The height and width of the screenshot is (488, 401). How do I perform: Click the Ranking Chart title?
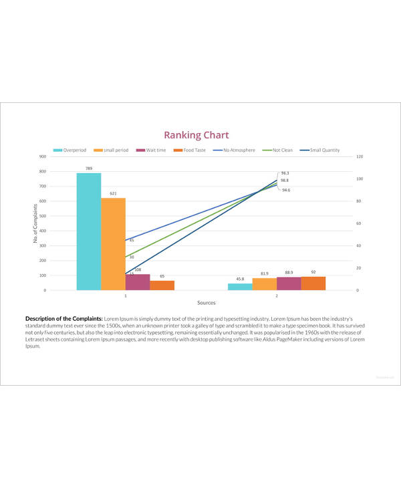196,135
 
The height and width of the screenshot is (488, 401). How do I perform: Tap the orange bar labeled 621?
113,244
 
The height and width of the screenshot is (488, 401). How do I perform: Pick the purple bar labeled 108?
137,282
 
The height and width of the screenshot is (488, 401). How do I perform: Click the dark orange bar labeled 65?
162,285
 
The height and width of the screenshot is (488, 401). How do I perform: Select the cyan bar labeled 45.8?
240,287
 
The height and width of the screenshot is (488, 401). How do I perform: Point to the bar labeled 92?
313,283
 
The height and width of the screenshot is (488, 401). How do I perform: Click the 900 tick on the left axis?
43,156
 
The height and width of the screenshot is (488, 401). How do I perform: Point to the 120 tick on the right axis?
360,156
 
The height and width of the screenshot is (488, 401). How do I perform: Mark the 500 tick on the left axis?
43,216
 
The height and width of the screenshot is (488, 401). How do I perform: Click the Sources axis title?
196,303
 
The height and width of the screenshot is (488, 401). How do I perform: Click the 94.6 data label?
286,190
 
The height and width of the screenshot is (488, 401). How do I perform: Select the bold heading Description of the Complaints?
63,319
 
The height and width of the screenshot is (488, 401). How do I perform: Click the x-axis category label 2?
277,295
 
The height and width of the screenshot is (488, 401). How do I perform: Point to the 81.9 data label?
265,273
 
